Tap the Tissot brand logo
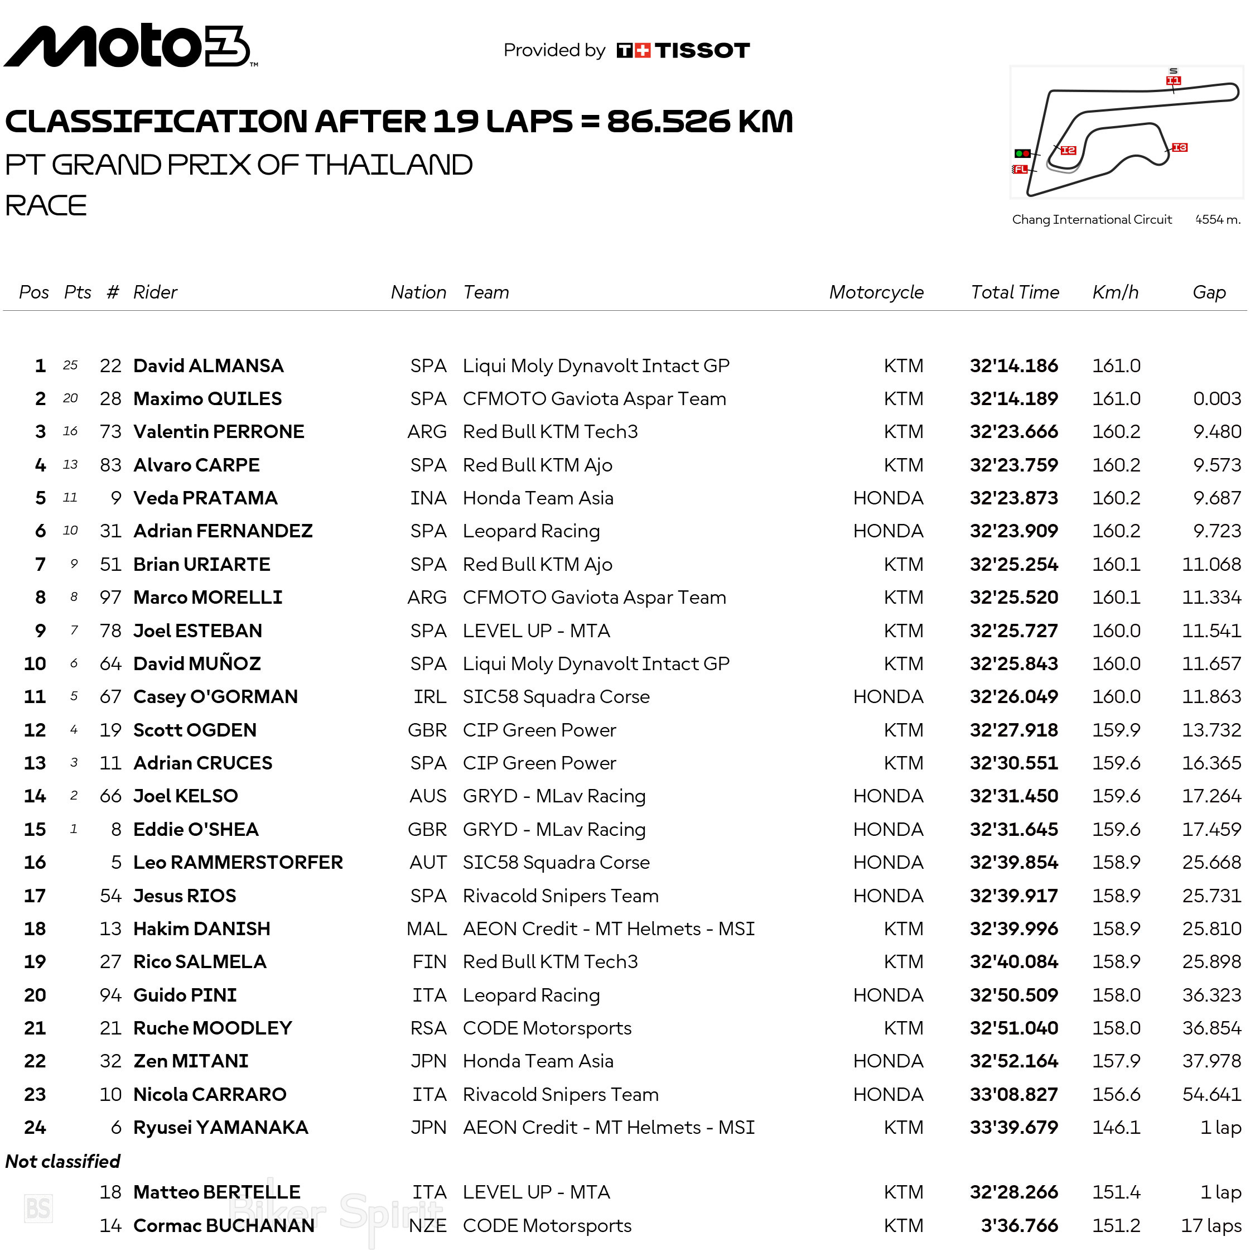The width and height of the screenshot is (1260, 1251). pyautogui.click(x=683, y=50)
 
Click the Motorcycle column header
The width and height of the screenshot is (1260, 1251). pyautogui.click(x=876, y=292)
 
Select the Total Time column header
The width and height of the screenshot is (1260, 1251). pyautogui.click(x=1014, y=292)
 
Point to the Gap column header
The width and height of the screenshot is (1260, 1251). pyautogui.click(x=1209, y=292)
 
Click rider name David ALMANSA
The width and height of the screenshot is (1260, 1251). pyautogui.click(x=208, y=365)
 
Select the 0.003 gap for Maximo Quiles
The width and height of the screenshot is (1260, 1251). pyautogui.click(x=1216, y=399)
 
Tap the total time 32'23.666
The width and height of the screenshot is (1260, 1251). pyautogui.click(x=1013, y=431)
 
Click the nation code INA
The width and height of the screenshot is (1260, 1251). pyautogui.click(x=428, y=498)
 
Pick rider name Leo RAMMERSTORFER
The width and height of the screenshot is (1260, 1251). pyautogui.click(x=238, y=862)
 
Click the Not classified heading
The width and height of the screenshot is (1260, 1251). pyautogui.click(x=62, y=1161)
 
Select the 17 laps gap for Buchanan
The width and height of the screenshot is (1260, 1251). pyautogui.click(x=1210, y=1225)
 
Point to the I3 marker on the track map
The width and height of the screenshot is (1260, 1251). pyautogui.click(x=1179, y=147)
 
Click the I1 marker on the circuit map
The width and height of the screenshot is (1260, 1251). pyautogui.click(x=1172, y=81)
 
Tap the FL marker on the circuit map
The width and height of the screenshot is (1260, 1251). pyautogui.click(x=1020, y=169)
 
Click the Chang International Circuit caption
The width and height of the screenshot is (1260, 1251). pyautogui.click(x=1091, y=219)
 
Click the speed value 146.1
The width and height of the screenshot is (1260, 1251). pyautogui.click(x=1116, y=1127)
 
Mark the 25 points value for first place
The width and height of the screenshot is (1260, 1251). pyautogui.click(x=70, y=365)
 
